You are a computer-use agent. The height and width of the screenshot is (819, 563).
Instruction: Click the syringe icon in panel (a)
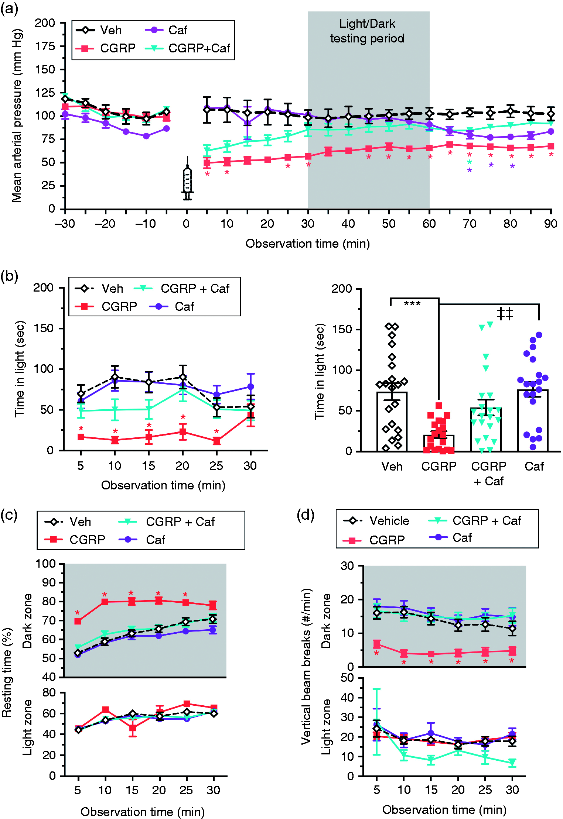pos(187,178)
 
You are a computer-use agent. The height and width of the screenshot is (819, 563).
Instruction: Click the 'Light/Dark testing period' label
pos(367,31)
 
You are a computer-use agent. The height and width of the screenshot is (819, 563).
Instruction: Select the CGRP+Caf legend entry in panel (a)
pos(188,48)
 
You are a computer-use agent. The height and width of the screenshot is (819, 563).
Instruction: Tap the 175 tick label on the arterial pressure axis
pos(45,46)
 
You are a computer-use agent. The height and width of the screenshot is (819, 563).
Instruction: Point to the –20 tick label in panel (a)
pos(105,224)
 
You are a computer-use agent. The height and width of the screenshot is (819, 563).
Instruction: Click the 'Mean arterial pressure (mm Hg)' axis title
pos(17,116)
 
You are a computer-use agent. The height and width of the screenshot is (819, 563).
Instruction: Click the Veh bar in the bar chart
pos(392,421)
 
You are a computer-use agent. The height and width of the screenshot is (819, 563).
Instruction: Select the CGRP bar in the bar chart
pos(439,443)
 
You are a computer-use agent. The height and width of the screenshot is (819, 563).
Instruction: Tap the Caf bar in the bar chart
pos(533,420)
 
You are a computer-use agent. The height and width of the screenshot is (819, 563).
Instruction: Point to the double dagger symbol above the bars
pos(505,314)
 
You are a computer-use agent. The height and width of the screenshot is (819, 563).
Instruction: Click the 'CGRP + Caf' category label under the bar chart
pos(489,474)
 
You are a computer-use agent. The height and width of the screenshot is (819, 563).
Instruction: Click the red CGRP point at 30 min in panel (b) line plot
pos(251,416)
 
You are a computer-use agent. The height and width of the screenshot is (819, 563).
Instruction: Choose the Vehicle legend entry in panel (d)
pos(377,521)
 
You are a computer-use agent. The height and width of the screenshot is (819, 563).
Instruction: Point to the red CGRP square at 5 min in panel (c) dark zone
pos(78,622)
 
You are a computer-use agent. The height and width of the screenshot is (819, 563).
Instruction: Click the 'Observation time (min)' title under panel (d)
pos(444,809)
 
